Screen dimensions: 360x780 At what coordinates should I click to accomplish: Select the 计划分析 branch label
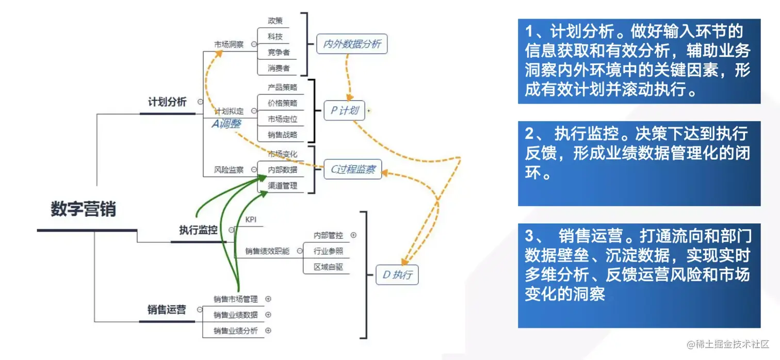pyautogui.click(x=167, y=102)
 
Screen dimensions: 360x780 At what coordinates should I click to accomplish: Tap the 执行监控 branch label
pyautogui.click(x=198, y=231)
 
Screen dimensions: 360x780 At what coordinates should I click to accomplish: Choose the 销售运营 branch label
pyautogui.click(x=167, y=309)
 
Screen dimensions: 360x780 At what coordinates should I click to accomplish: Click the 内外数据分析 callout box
pyautogui.click(x=352, y=44)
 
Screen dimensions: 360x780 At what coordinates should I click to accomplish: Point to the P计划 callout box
pyautogui.click(x=345, y=110)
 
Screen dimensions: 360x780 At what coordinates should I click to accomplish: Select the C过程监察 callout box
pyautogui.click(x=353, y=169)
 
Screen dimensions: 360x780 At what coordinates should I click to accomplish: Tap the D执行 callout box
pyautogui.click(x=397, y=275)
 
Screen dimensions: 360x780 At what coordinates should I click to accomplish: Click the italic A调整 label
pyautogui.click(x=226, y=124)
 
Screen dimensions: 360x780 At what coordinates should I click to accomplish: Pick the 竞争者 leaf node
pyautogui.click(x=279, y=52)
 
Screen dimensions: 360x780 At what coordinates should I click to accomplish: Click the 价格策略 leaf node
pyautogui.click(x=282, y=103)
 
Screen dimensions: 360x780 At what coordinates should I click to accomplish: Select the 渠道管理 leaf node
pyautogui.click(x=282, y=186)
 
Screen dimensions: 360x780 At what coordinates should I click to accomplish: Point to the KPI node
pyautogui.click(x=251, y=220)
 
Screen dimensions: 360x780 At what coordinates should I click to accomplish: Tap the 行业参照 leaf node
pyautogui.click(x=328, y=251)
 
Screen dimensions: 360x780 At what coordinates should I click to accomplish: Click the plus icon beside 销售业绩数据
pyautogui.click(x=268, y=315)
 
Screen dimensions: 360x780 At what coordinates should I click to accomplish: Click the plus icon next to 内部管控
pyautogui.click(x=353, y=235)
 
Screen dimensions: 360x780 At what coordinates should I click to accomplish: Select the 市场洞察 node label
pyautogui.click(x=229, y=44)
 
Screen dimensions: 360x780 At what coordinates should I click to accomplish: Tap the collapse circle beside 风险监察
pyautogui.click(x=254, y=169)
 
